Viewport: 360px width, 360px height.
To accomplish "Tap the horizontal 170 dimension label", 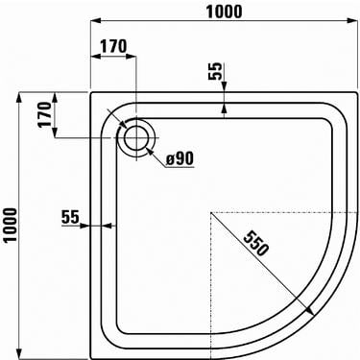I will (113, 46).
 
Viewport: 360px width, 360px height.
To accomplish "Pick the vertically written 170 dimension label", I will (41, 116).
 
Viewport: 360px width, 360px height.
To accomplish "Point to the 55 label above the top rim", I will (215, 71).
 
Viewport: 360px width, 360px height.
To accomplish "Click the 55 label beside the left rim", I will (69, 217).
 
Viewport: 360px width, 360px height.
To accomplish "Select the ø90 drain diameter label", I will (180, 157).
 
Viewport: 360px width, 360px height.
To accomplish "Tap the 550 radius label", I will (255, 243).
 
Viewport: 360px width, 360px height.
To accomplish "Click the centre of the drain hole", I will (136, 139).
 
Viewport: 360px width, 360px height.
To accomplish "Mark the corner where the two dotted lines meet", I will (209, 211).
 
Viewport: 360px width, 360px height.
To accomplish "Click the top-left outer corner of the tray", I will (91, 93).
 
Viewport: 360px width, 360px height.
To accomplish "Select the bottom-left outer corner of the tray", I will (91, 357).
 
